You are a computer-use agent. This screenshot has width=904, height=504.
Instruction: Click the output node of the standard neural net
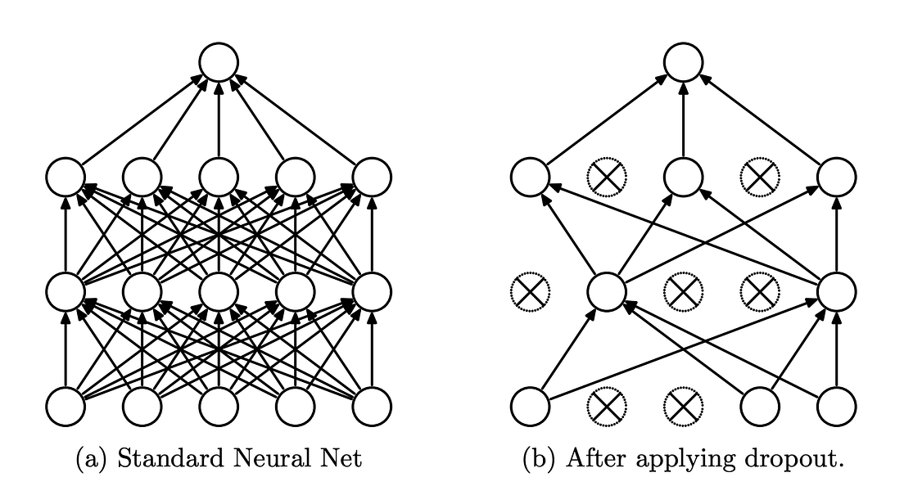[219, 62]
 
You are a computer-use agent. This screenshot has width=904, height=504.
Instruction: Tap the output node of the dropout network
[683, 62]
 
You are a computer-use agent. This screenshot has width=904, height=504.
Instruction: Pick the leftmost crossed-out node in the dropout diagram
[529, 290]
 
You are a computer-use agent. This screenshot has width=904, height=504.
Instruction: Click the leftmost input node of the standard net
[66, 404]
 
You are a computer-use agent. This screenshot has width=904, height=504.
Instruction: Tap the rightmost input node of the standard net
[372, 404]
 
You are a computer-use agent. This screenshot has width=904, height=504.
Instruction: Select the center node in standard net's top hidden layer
[219, 176]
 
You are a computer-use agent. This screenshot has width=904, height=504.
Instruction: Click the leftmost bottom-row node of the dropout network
[529, 404]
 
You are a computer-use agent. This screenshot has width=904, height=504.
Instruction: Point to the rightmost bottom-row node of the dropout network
[836, 404]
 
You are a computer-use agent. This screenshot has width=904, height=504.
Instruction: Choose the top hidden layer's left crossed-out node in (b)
[606, 176]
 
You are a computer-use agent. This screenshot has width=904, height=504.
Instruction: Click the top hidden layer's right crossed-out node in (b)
[759, 176]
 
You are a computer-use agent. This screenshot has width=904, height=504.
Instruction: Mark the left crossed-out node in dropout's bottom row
[606, 404]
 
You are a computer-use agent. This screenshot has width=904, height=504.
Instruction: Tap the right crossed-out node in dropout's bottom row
[683, 404]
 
